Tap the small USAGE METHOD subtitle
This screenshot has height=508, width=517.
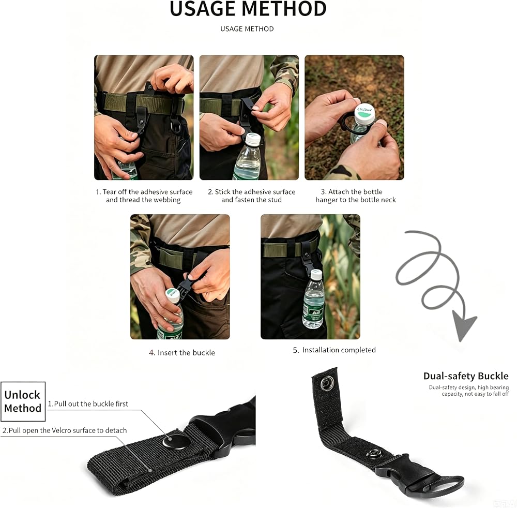click(x=247, y=29)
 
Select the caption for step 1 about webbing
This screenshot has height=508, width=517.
click(x=144, y=196)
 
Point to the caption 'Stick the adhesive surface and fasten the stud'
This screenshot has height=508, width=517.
click(x=251, y=196)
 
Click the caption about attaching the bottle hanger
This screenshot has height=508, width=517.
click(x=356, y=196)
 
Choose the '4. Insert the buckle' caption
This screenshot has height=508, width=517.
click(x=181, y=353)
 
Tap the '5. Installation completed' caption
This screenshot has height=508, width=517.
click(x=334, y=350)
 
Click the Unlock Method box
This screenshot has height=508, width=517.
click(x=23, y=401)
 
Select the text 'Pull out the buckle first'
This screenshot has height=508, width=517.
click(x=91, y=404)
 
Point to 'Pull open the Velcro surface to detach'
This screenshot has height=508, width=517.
click(x=68, y=430)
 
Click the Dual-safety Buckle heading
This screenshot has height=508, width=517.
click(x=466, y=376)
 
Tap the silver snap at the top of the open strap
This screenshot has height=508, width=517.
click(x=327, y=383)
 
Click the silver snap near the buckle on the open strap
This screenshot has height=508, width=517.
click(x=374, y=454)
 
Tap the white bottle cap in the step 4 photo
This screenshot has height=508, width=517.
click(x=173, y=294)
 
